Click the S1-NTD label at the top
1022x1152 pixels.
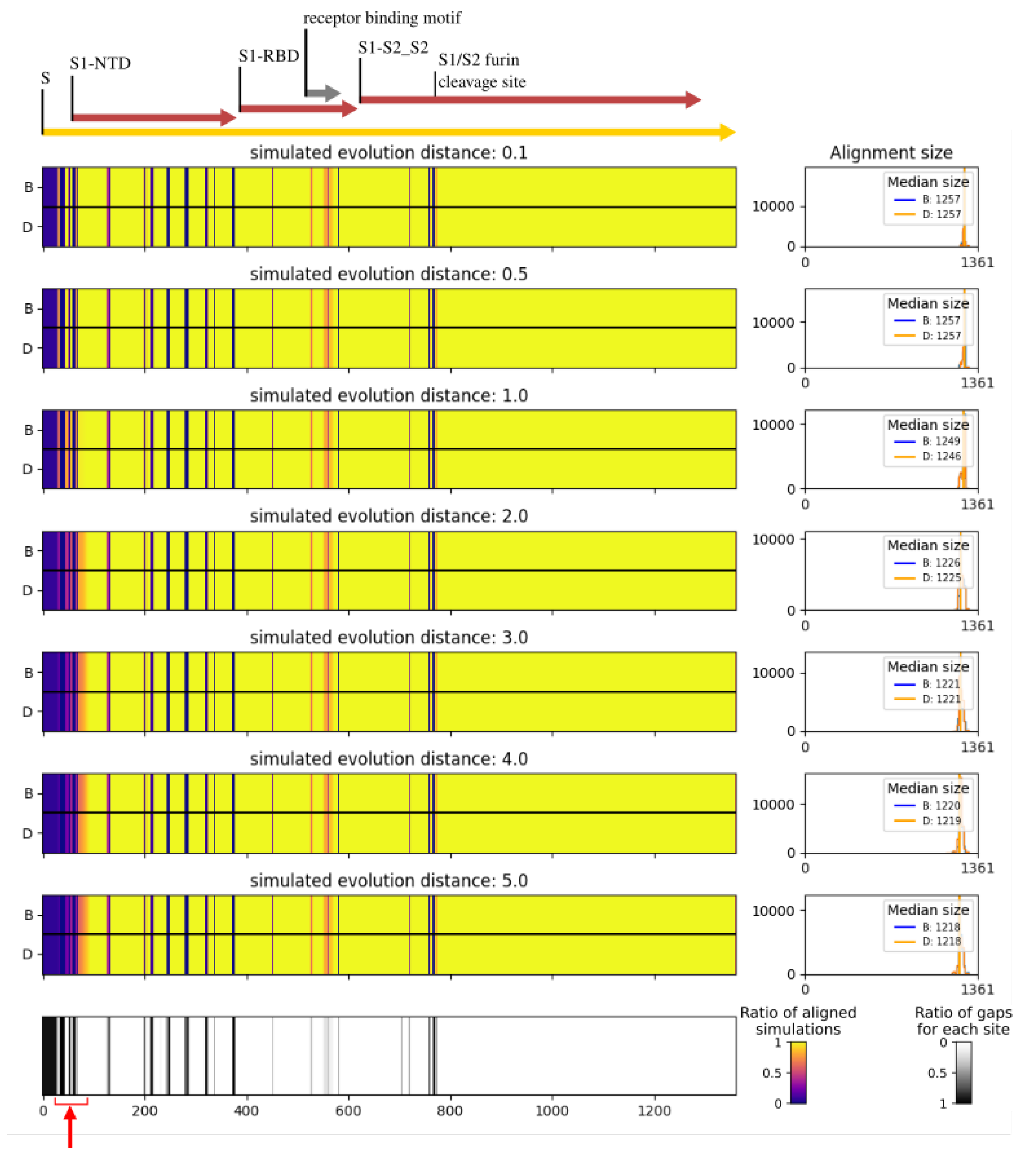[100, 63]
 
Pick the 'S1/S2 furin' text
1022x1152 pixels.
[479, 60]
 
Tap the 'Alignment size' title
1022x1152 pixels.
[891, 153]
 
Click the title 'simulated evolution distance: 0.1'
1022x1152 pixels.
[388, 153]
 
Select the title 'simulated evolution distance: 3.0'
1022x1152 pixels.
[388, 638]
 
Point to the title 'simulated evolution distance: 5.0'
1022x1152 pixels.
[388, 880]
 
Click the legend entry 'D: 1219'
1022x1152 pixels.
[941, 821]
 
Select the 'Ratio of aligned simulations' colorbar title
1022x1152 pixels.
[798, 1021]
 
